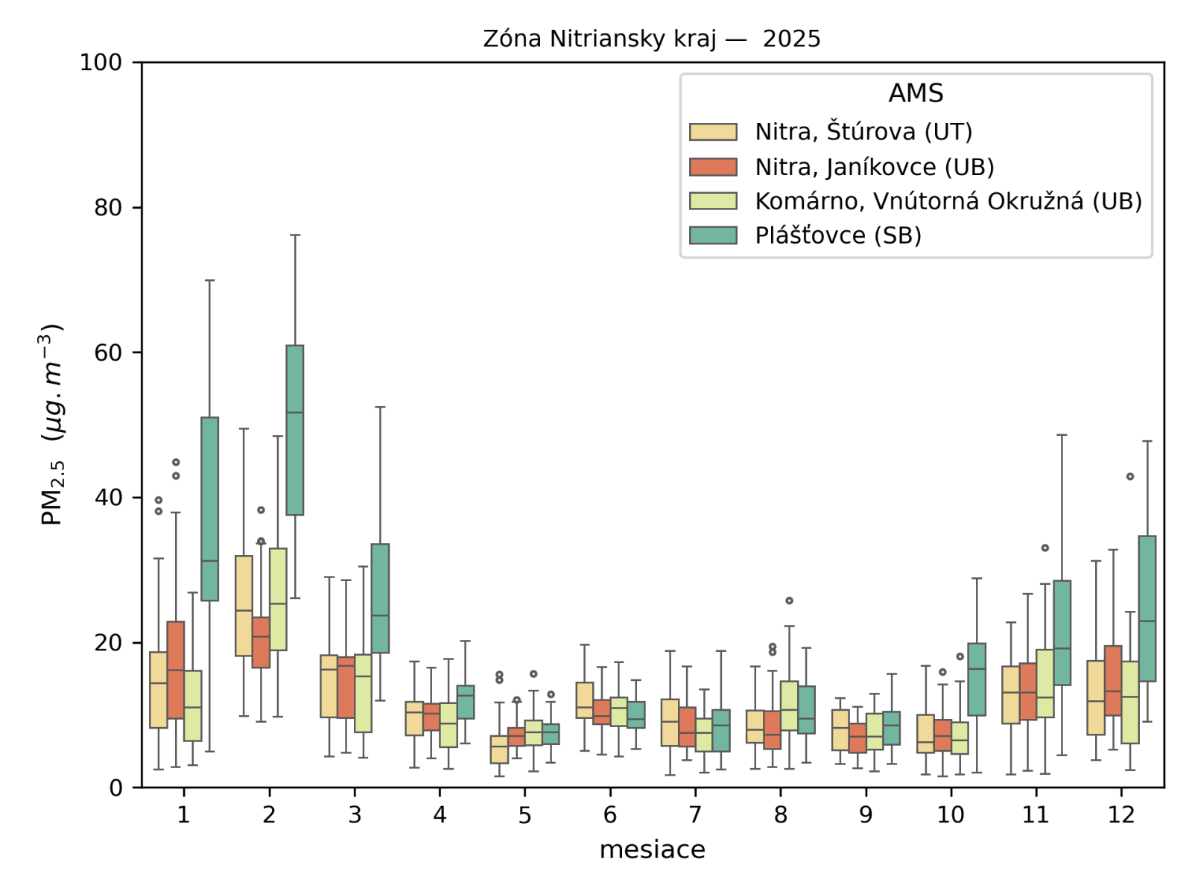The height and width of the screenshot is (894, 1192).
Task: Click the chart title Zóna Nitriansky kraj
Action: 651,39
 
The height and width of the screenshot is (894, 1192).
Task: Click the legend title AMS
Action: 916,93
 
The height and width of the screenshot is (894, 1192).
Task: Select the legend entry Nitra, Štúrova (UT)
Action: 863,132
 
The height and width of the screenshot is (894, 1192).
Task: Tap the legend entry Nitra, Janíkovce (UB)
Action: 874,167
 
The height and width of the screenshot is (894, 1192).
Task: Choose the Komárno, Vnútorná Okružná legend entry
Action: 948,201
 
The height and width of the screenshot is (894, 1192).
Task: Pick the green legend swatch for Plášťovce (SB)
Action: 713,235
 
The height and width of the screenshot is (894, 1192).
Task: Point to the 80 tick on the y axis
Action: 108,208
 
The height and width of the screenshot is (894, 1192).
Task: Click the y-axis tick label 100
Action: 101,63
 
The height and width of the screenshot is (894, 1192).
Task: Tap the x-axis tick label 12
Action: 1120,815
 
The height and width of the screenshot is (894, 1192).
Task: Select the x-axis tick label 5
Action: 524,815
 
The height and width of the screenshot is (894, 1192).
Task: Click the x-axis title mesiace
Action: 652,850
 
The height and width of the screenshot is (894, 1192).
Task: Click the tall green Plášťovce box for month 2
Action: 295,430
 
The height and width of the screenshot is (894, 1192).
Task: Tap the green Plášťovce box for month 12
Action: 1147,608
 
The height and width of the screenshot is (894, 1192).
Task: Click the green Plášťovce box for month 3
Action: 380,598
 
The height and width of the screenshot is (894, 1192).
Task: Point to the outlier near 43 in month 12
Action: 1130,476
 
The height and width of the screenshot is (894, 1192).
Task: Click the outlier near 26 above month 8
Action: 789,600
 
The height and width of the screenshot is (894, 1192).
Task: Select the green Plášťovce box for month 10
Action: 977,679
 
